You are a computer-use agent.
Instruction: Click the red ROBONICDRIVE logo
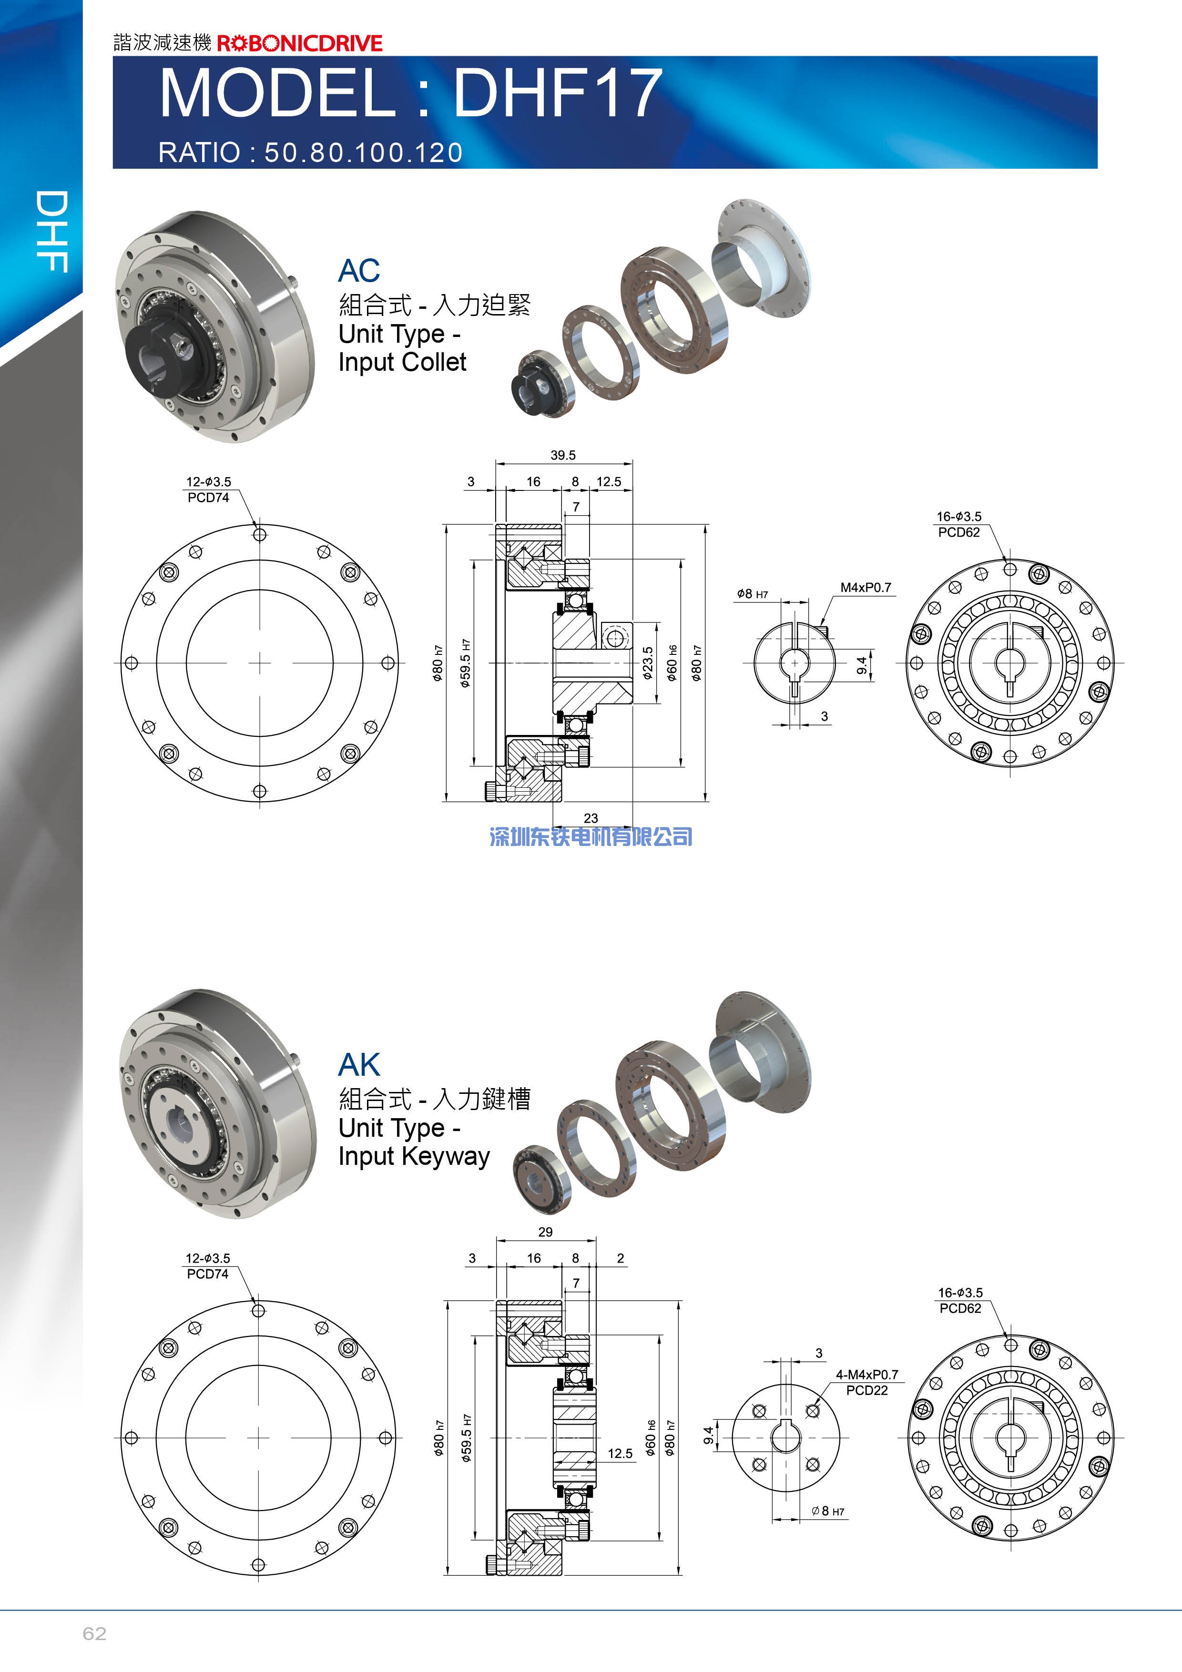click(x=299, y=43)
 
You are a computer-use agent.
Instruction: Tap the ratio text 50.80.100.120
click(x=363, y=152)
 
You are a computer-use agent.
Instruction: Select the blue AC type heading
click(x=359, y=271)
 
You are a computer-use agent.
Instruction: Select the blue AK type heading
click(x=359, y=1065)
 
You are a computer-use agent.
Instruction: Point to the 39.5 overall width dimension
click(x=563, y=455)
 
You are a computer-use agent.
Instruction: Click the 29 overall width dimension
click(x=545, y=1232)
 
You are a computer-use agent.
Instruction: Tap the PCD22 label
click(x=866, y=1390)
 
